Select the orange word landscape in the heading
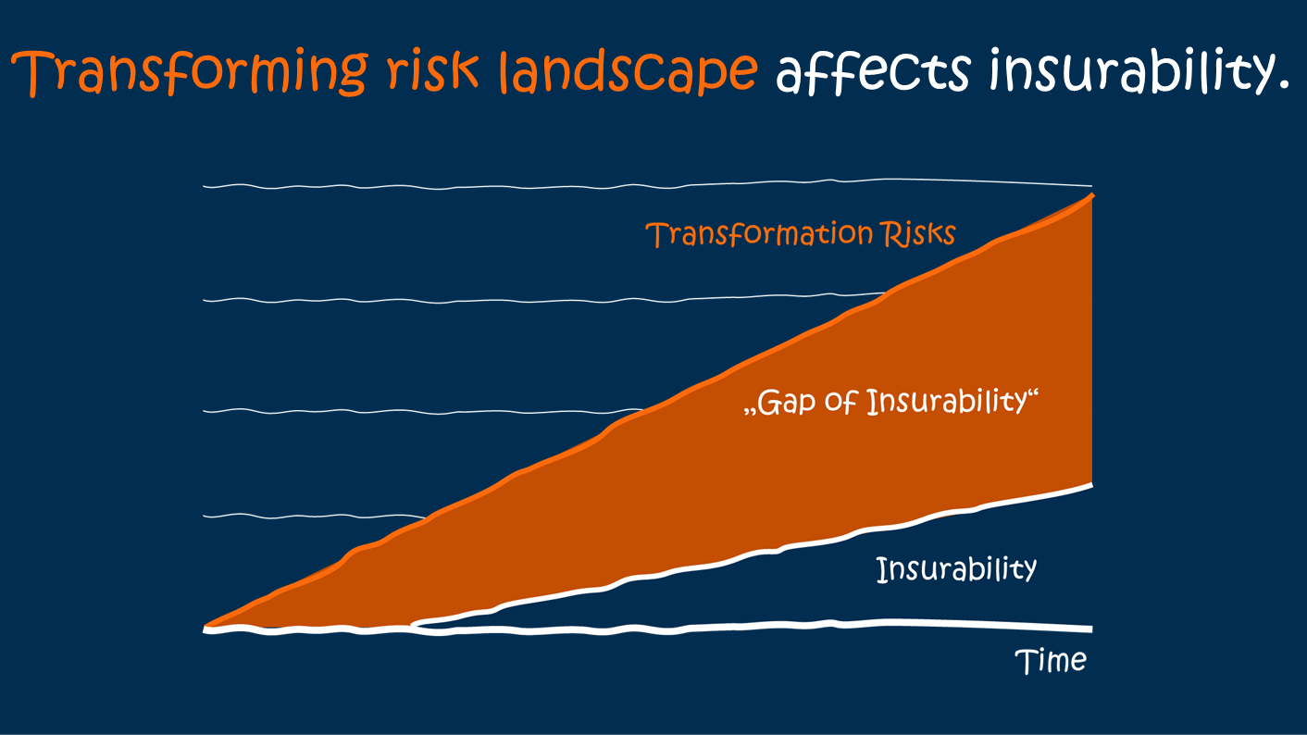tap(629, 72)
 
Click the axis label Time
tap(1051, 661)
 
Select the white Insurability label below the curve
tap(956, 568)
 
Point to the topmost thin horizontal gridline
tap(555, 187)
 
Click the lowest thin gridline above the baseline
tap(305, 515)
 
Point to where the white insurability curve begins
tap(413, 623)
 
